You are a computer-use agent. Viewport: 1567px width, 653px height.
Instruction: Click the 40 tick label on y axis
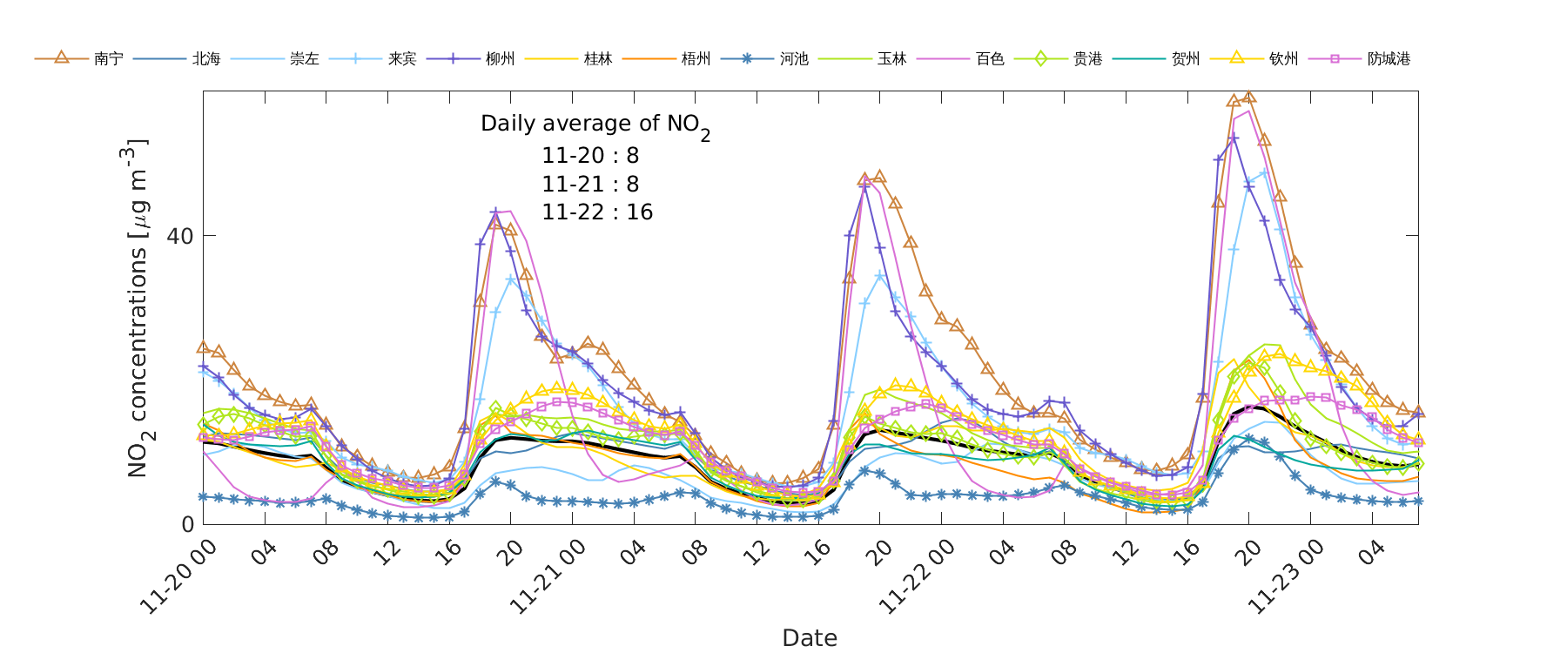(180, 236)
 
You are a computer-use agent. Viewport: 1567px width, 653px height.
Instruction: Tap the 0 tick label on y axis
(187, 524)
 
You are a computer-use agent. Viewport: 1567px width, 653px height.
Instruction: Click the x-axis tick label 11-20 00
(178, 576)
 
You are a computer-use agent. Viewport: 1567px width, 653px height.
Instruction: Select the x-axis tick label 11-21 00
(548, 576)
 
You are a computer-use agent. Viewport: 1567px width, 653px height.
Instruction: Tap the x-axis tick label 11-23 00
(1286, 576)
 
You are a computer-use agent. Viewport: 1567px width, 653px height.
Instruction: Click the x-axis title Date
(810, 638)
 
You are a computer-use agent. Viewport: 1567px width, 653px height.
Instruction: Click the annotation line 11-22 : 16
(597, 212)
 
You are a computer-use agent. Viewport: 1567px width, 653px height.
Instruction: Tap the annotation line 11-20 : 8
(590, 156)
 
